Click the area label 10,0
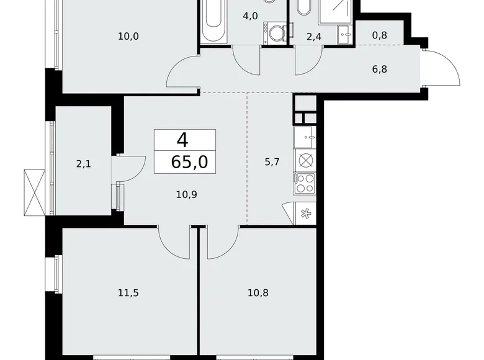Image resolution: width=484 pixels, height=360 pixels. (x=128, y=36)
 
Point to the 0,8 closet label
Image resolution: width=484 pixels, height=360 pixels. (x=380, y=35)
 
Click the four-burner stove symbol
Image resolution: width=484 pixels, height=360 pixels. (x=305, y=183)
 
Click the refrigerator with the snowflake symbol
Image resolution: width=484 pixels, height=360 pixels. (x=305, y=213)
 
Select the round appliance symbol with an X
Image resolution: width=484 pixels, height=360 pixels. (x=305, y=160)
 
